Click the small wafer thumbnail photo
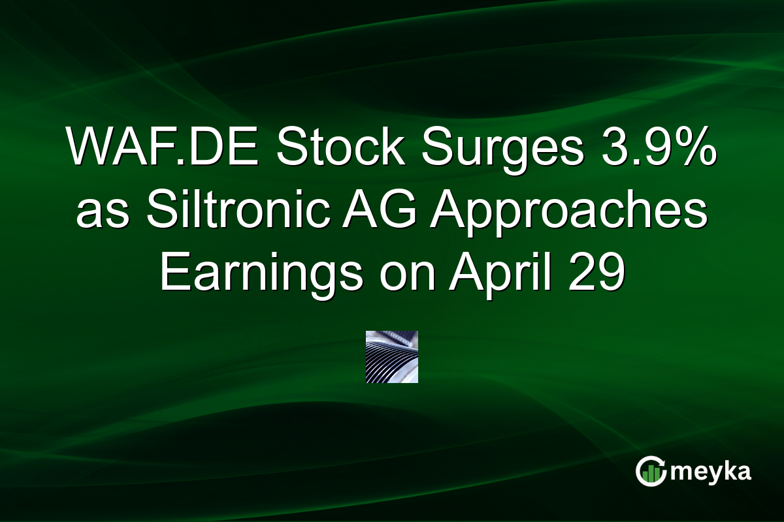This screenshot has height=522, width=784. click(391, 356)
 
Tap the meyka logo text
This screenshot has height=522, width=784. click(711, 472)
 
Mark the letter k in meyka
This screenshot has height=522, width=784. click(724, 470)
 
